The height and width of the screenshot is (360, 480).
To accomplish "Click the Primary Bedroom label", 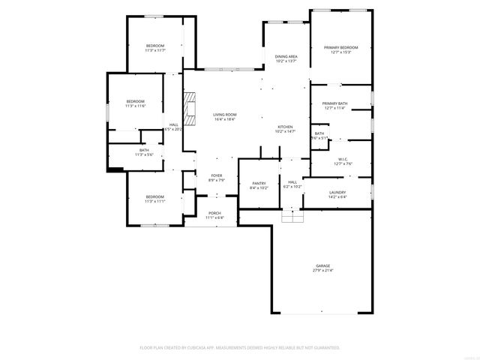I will click(340, 47).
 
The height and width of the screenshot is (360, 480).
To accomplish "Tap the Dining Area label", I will click(286, 57).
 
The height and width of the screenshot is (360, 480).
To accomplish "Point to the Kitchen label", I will click(286, 127).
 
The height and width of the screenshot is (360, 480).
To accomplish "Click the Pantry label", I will click(259, 182).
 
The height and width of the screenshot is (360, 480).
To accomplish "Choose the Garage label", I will click(322, 265).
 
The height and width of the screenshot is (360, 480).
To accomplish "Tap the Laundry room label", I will click(337, 193).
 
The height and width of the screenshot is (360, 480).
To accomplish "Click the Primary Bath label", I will click(334, 103).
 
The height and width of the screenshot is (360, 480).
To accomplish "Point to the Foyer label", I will click(216, 175).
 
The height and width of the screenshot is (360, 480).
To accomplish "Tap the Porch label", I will click(214, 213).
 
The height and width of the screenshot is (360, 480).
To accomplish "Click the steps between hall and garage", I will click(292, 216).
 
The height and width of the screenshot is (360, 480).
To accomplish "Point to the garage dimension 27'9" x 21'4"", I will click(322, 270).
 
